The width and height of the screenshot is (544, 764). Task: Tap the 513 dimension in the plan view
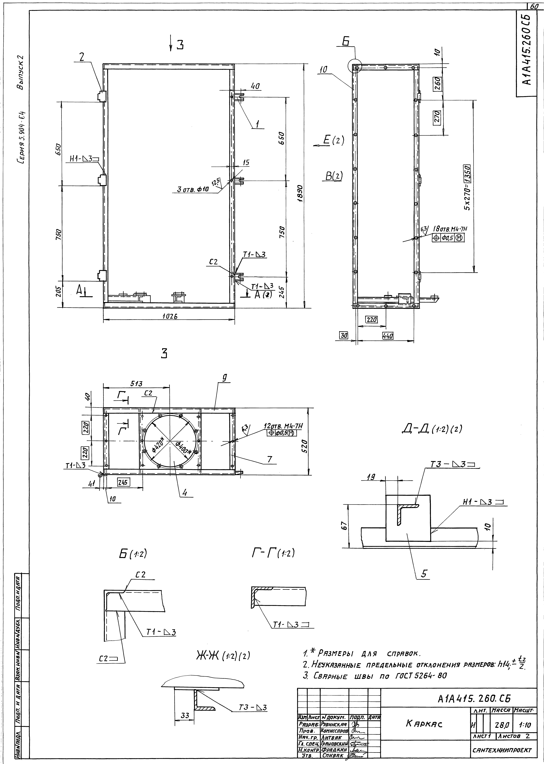pos(136,384)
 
